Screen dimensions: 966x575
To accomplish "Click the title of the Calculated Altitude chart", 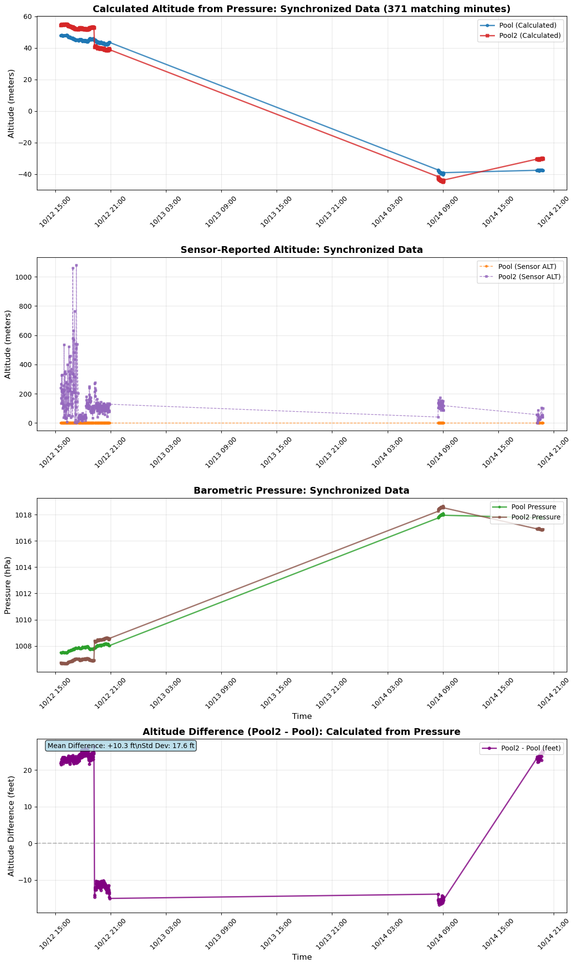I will tap(301, 8).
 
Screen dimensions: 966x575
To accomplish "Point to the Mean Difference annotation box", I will tap(121, 746).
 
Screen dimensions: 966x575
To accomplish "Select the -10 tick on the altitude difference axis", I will tap(25, 880).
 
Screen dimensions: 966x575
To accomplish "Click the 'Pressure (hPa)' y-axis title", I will tap(8, 585).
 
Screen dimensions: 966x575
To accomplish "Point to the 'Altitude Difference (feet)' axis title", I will tap(11, 826).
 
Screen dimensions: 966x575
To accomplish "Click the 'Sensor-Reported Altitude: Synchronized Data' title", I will tap(301, 250).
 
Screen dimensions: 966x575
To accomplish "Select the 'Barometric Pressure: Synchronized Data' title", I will tap(301, 491).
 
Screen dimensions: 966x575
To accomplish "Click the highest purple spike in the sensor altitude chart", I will tap(76, 266).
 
